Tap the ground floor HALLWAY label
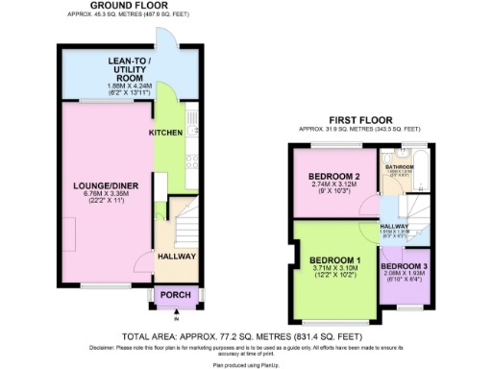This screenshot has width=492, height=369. pos(177,257)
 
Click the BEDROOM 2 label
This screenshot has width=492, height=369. pos(333,177)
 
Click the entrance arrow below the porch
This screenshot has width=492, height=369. pos(177,317)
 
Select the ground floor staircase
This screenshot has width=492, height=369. pos(183,231)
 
